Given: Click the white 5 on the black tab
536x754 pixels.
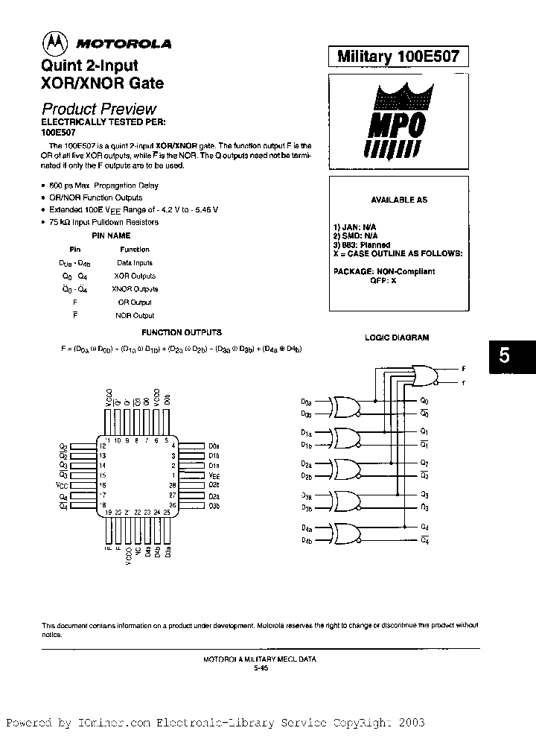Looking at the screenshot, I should [x=505, y=356].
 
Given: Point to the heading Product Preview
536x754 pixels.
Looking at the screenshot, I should [x=98, y=108].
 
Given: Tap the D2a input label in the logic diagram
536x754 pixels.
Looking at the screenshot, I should [x=307, y=463].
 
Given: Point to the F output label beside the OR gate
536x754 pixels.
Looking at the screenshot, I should [x=463, y=368].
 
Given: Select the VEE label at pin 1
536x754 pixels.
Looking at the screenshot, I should [x=214, y=475].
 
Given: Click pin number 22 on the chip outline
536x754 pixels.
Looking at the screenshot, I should [x=138, y=513].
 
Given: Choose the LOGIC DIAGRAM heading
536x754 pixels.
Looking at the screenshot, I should [x=396, y=338].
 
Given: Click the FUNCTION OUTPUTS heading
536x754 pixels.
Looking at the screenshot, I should [x=172, y=332].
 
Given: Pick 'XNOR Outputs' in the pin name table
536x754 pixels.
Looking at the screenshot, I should [x=135, y=289].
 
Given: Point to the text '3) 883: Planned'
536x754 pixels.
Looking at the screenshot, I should [x=361, y=244].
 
